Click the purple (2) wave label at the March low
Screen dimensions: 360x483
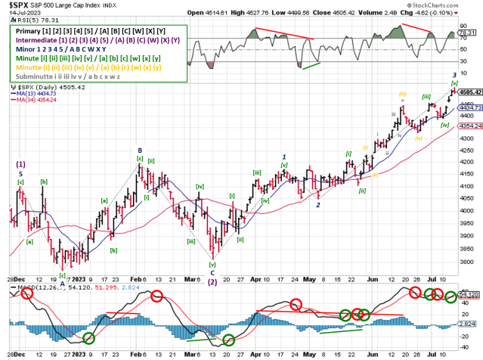[x=213, y=282]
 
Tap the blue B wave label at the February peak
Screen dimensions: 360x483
[x=140, y=151]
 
